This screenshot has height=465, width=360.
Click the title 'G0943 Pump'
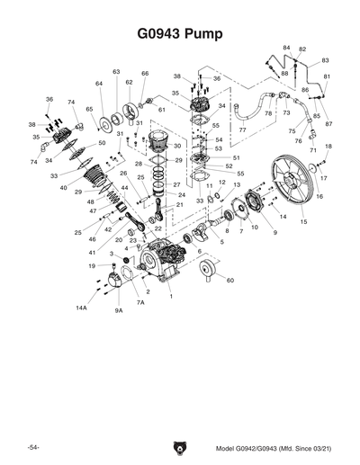tap(179, 32)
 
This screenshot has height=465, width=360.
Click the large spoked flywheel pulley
tap(292, 186)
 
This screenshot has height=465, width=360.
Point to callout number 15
tap(303, 222)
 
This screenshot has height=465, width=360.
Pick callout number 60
tap(231, 281)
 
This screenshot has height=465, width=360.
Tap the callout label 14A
tap(81, 308)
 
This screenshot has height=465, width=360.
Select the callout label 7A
tap(140, 303)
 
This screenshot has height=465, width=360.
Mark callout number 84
tap(286, 48)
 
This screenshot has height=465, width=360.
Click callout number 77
tap(242, 130)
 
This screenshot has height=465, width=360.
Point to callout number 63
tap(116, 72)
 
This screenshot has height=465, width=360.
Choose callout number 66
tap(145, 73)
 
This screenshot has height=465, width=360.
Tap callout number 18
tap(328, 146)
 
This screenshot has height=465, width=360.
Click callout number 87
tap(328, 123)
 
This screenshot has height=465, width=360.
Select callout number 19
tap(91, 266)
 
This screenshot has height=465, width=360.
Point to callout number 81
tap(327, 76)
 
